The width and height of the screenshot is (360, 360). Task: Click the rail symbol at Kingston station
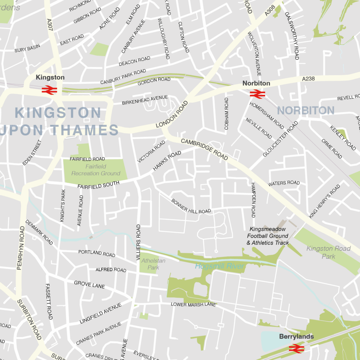click(49, 90)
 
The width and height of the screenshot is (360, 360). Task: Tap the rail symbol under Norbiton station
click(257, 94)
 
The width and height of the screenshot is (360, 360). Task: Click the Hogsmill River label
click(220, 266)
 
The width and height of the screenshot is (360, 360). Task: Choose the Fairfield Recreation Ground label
click(96, 170)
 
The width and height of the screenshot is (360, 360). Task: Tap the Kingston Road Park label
click(328, 252)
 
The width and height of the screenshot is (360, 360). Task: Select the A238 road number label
click(308, 79)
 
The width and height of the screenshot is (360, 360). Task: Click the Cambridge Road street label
click(204, 149)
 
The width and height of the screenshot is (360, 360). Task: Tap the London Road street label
click(172, 115)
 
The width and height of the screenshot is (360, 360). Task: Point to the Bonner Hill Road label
click(191, 206)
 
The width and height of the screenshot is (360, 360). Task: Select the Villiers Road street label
click(138, 242)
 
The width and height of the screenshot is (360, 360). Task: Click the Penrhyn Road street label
click(21, 248)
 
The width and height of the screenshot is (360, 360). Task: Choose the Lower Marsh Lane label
click(193, 304)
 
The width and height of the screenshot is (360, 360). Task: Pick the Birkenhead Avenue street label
click(145, 100)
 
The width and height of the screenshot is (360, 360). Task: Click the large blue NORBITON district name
click(306, 110)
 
